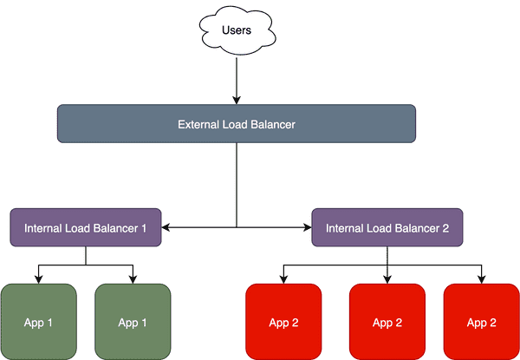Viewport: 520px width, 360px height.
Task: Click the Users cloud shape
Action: point(236,31)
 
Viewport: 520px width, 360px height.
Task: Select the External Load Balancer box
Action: point(237,124)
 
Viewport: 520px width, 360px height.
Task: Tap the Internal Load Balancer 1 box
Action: point(85,228)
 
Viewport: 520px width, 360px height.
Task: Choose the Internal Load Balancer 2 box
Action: point(387,228)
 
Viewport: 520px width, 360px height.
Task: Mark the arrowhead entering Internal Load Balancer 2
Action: point(307,228)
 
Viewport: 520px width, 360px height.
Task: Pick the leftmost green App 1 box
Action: point(38,323)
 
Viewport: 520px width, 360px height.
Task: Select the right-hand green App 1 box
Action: point(132,323)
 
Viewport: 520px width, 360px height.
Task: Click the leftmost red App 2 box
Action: point(283,323)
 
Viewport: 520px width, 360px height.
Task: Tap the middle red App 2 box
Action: point(387,323)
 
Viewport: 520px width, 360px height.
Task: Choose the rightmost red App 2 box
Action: point(481,323)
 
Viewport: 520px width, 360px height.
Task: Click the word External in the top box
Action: point(198,124)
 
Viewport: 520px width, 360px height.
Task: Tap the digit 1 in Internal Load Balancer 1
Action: point(144,228)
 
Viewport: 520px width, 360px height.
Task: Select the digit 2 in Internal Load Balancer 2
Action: point(445,228)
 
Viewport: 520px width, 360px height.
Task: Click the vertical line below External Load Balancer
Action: point(236,182)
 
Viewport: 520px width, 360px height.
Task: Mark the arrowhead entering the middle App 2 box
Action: point(387,279)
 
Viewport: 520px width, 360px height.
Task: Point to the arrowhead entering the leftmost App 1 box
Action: point(38,279)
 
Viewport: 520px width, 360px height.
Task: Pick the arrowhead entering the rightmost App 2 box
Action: point(481,279)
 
